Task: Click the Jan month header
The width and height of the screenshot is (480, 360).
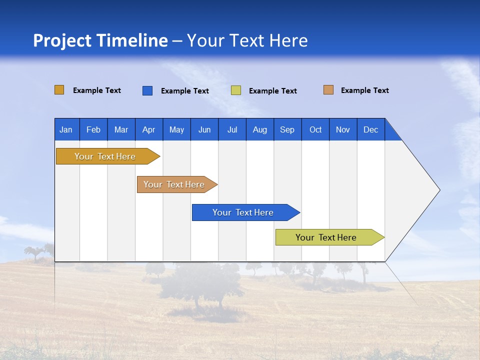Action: click(66, 129)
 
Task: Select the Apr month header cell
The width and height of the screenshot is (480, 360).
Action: click(148, 129)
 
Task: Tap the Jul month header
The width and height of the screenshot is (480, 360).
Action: click(232, 129)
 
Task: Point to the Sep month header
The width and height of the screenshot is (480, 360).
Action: click(287, 129)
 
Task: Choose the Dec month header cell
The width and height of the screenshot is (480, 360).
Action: click(370, 129)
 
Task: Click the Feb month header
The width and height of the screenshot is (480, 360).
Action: click(93, 129)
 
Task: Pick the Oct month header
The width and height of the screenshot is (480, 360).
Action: click(315, 129)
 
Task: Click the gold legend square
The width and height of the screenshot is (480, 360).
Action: click(59, 90)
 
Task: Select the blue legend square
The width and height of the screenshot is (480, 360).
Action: click(147, 90)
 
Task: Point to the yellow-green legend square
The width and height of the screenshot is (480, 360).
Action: click(236, 90)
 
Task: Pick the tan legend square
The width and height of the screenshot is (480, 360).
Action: click(328, 90)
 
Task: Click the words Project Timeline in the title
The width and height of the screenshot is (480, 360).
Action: click(100, 40)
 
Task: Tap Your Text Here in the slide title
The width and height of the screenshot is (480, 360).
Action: click(247, 40)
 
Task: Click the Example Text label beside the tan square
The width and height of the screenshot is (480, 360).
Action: click(364, 90)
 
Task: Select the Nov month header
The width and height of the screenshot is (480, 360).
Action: click(343, 129)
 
